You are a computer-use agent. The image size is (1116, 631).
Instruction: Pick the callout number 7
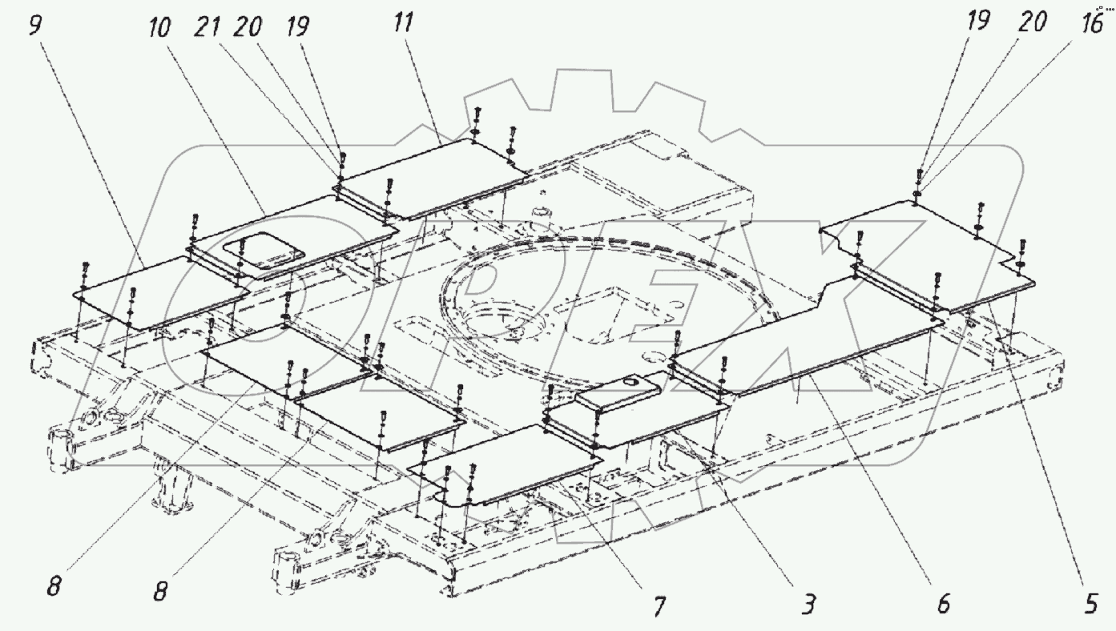coord(659,606)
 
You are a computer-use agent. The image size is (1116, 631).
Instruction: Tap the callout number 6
coord(943,604)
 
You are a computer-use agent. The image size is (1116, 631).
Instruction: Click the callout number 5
coord(1090,604)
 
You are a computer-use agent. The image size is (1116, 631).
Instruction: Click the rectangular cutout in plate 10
coord(264,251)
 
